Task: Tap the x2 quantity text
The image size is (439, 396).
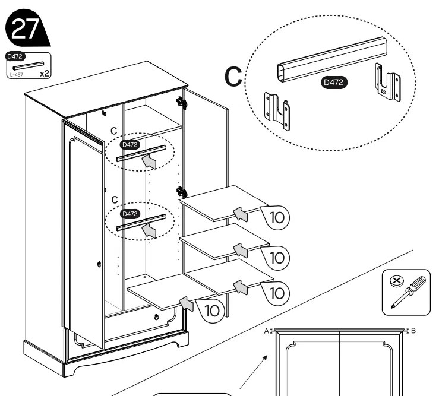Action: point(44,74)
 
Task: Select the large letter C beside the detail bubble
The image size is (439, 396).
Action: point(233,78)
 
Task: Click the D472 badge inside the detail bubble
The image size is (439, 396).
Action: point(333,83)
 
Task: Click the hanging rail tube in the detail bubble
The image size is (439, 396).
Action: point(333,59)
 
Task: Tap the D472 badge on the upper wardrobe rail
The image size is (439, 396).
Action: point(130,144)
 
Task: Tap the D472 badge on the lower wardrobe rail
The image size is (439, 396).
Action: point(130,213)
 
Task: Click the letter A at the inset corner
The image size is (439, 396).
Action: point(267,331)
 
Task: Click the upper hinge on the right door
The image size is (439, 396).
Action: point(184,103)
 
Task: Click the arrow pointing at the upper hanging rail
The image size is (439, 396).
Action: point(150,161)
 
